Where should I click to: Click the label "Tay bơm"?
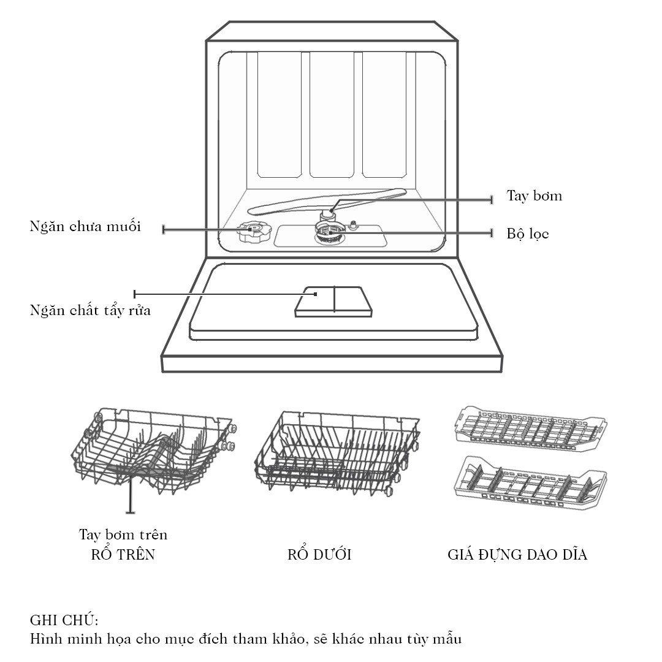point(534,196)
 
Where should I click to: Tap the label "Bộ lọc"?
point(528,234)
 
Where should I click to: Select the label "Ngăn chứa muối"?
point(85,227)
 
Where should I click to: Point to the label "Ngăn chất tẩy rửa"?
point(90,311)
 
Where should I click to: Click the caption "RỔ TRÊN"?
point(123,554)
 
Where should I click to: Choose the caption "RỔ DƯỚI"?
point(319,554)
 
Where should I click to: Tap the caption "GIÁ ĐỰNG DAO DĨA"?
point(517,554)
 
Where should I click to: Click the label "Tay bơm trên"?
point(123,535)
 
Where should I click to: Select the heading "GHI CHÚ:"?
point(64,620)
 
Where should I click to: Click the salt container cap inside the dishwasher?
point(254,231)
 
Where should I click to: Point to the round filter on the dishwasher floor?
point(329,234)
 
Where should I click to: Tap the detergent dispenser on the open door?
point(333,302)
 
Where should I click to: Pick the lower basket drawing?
point(337,454)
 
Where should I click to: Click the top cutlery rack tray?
point(531,428)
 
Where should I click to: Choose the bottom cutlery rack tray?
point(530,484)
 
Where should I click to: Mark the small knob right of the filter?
point(353,226)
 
